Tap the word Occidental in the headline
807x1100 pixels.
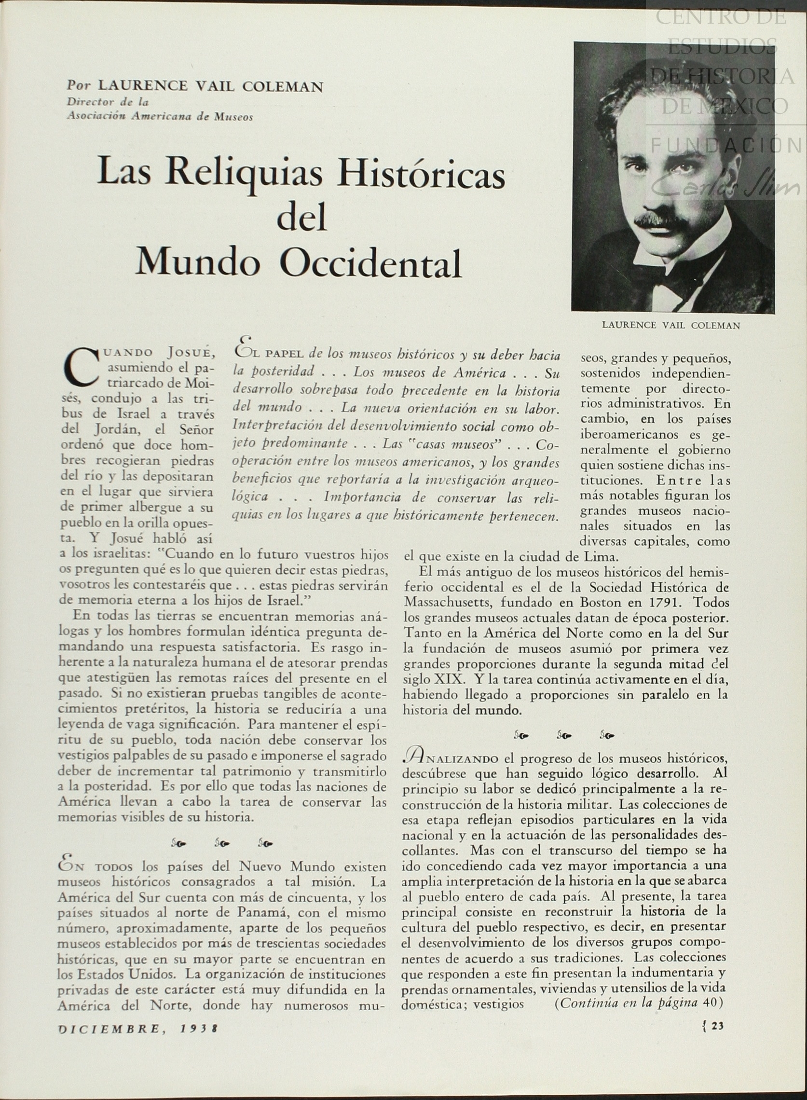(x=371, y=263)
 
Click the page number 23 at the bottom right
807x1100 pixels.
(x=717, y=1026)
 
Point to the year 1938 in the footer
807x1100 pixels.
(x=199, y=1029)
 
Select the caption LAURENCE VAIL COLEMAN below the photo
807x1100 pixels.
(x=670, y=325)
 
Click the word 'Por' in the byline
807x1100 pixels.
(x=79, y=85)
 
